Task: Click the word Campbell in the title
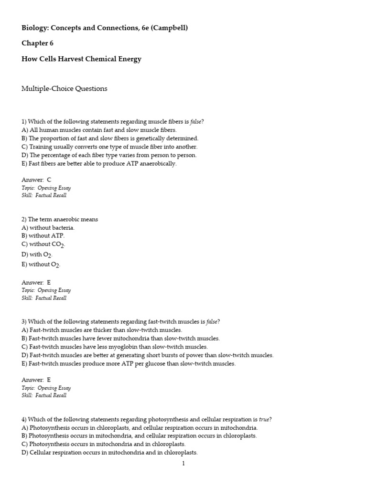(170, 28)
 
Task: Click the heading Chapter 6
(37, 43)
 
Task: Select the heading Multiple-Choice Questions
(65, 88)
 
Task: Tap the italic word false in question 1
(196, 121)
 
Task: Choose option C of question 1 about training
(109, 147)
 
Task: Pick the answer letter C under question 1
(49, 180)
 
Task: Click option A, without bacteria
(48, 228)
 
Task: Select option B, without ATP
(43, 236)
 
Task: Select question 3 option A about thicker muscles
(102, 330)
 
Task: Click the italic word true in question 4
(265, 419)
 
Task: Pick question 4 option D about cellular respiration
(109, 453)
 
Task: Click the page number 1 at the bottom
(183, 463)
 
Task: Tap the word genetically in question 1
(140, 138)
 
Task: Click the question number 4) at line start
(24, 419)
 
